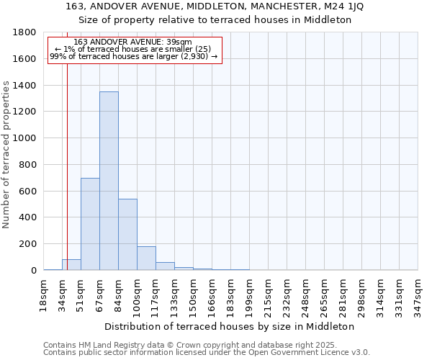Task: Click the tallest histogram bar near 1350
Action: [109, 180]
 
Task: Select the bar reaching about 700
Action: [90, 223]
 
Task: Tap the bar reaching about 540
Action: [127, 234]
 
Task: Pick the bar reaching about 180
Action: [146, 258]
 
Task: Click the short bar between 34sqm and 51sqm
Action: [71, 264]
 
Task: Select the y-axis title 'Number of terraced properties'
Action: [6, 155]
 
